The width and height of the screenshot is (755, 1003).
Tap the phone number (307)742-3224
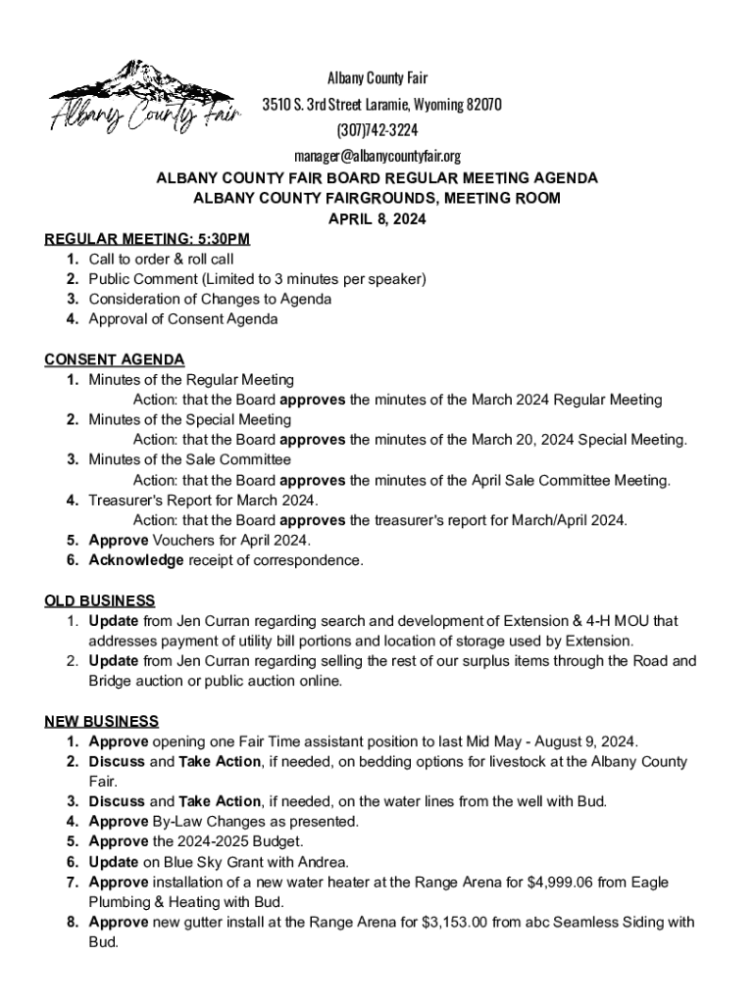tap(377, 130)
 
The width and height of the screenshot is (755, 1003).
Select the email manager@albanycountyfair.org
tap(377, 156)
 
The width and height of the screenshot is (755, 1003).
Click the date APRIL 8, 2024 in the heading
tap(377, 219)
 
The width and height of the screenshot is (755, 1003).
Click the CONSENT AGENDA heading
tap(115, 359)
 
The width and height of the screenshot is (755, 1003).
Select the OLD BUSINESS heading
tap(100, 600)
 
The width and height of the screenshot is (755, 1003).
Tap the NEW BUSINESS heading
tap(102, 722)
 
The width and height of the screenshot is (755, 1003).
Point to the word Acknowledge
tap(136, 560)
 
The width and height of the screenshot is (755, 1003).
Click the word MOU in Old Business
tap(634, 621)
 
